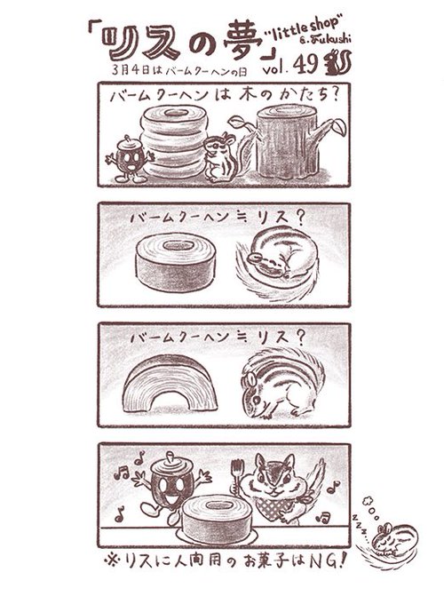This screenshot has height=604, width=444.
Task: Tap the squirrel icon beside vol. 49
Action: pyautogui.click(x=337, y=63)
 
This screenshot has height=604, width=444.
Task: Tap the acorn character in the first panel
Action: pyautogui.click(x=130, y=158)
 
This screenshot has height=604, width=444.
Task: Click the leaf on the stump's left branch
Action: pyautogui.click(x=235, y=122)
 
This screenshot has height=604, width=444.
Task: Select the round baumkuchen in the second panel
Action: pyautogui.click(x=175, y=261)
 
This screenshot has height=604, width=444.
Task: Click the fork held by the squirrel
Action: pyautogui.click(x=235, y=476)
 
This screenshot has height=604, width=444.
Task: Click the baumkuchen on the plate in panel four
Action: pyautogui.click(x=217, y=518)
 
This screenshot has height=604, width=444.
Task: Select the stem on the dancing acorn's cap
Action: pyautogui.click(x=169, y=456)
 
